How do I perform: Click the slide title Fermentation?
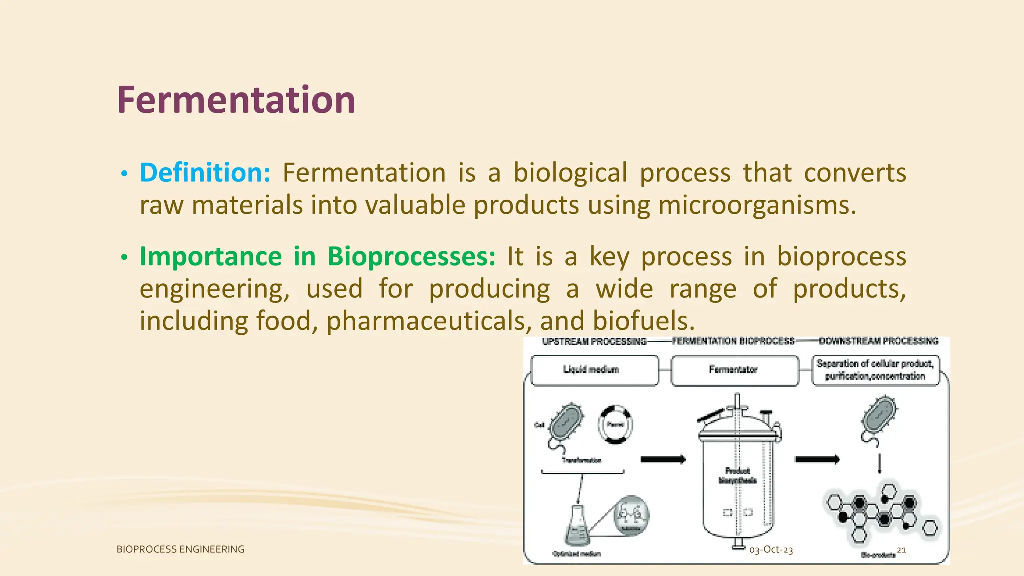point(236,100)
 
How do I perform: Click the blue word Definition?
point(205,173)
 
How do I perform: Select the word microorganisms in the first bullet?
point(757,205)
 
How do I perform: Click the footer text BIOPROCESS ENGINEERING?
point(180,549)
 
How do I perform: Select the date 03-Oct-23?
point(771,550)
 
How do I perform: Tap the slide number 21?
point(901,550)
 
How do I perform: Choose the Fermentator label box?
point(734,370)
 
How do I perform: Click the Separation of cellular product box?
point(875,370)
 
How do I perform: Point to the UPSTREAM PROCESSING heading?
point(594,341)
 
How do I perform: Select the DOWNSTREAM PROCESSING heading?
point(878,341)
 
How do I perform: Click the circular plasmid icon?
point(615,425)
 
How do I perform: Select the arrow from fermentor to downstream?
point(817,459)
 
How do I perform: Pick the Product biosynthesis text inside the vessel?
point(737,476)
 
